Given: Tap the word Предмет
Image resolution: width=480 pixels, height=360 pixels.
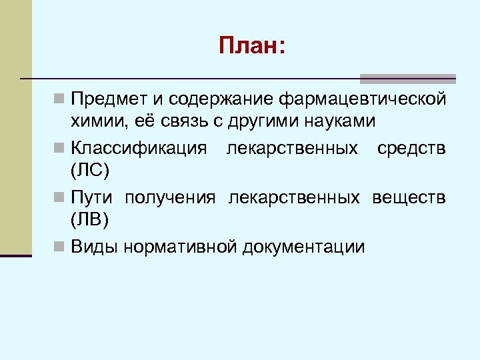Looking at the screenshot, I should click(107, 100).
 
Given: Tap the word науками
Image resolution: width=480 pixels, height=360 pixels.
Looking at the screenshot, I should click(335, 122).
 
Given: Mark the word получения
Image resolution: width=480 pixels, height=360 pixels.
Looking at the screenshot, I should click(170, 197).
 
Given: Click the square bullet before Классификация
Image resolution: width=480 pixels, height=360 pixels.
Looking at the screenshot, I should click(60, 147).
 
